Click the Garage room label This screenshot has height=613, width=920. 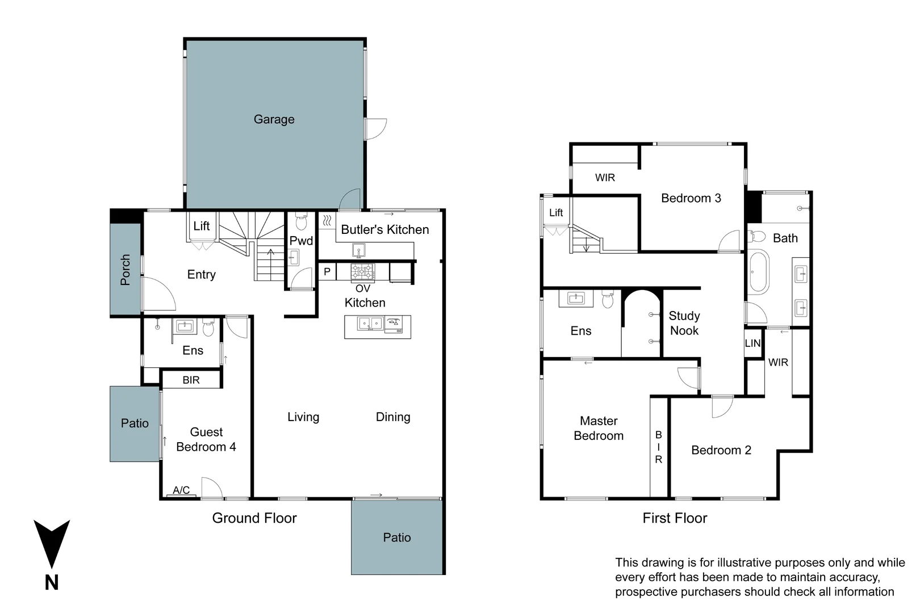click(274, 119)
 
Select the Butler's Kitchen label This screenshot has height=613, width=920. click(384, 229)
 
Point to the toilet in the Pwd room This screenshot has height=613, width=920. click(302, 222)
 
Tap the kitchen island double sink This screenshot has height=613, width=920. click(370, 324)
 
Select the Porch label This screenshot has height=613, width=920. click(126, 269)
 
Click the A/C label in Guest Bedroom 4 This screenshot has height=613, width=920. click(181, 490)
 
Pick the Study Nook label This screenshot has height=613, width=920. click(684, 323)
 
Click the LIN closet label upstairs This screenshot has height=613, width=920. click(752, 343)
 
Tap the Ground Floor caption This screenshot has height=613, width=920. click(254, 518)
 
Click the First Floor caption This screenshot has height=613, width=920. click(675, 518)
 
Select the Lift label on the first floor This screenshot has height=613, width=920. click(556, 212)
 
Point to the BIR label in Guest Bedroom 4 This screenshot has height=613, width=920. click(191, 380)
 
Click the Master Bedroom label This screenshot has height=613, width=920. click(599, 428)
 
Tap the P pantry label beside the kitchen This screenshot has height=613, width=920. click(327, 272)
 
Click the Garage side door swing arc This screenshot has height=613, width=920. click(376, 129)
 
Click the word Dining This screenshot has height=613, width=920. click(393, 417)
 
